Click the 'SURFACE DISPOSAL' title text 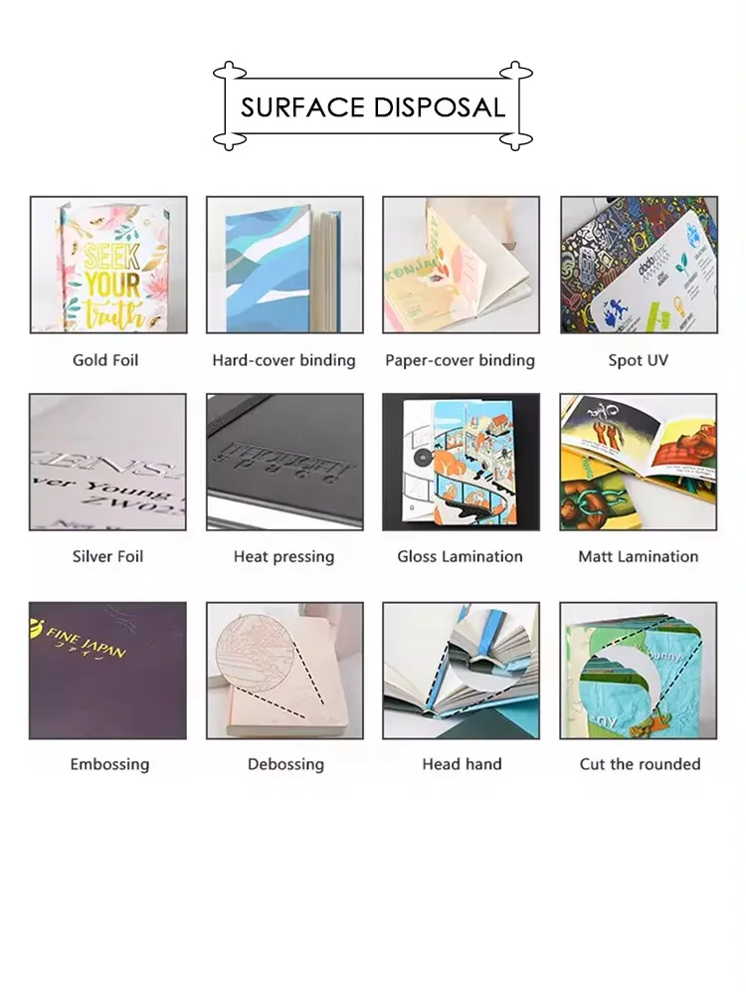click(x=372, y=106)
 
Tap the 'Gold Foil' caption click(x=105, y=360)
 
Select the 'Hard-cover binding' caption click(x=283, y=360)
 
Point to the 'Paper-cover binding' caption click(x=461, y=360)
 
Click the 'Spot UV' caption click(x=638, y=360)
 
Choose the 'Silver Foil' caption click(x=107, y=556)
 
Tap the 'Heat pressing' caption click(x=283, y=556)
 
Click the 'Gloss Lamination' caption click(x=460, y=556)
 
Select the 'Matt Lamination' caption click(x=638, y=556)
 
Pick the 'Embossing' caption click(x=109, y=764)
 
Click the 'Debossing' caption click(x=285, y=764)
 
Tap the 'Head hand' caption click(x=462, y=764)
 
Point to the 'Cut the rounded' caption click(x=640, y=764)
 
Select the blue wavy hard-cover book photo click(x=283, y=265)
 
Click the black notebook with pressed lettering click(x=284, y=462)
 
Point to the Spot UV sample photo click(x=639, y=265)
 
